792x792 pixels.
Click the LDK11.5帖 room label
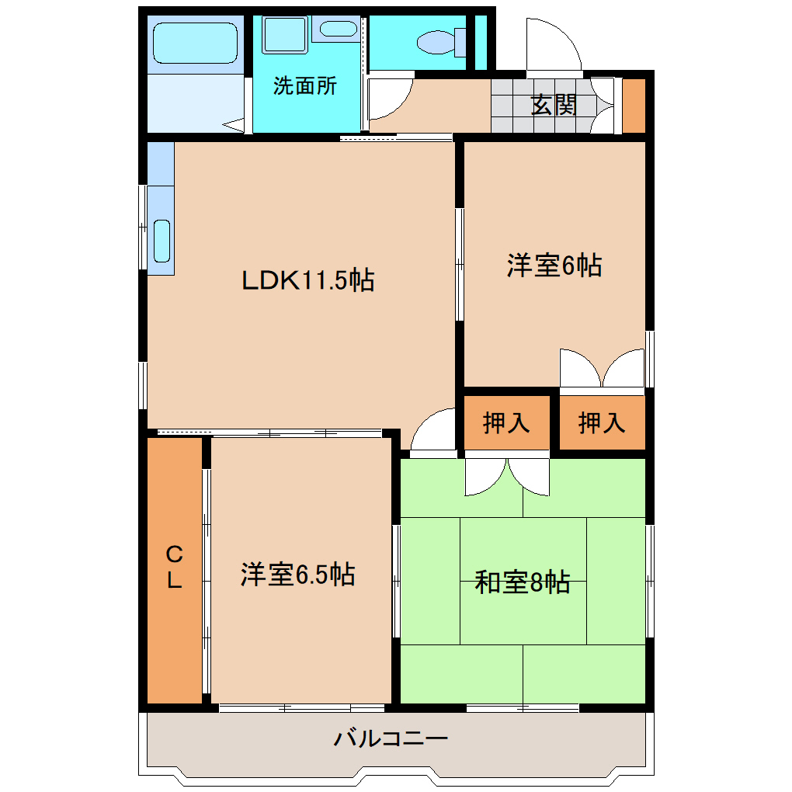click(308, 280)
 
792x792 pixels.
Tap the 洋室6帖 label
click(554, 266)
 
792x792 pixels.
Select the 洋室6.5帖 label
click(297, 575)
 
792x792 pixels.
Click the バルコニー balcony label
click(391, 738)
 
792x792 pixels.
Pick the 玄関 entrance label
click(554, 106)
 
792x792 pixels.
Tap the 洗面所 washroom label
click(305, 85)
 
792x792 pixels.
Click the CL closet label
click(175, 567)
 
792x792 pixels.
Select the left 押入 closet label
click(506, 423)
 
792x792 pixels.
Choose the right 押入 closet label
click(602, 423)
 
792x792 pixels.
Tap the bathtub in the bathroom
click(194, 43)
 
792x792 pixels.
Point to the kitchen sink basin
click(162, 241)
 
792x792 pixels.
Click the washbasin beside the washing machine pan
click(336, 30)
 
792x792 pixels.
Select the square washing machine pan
click(284, 35)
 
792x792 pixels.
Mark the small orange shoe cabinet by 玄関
click(634, 106)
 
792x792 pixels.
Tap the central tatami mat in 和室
click(523, 580)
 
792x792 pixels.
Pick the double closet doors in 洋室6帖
click(603, 369)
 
